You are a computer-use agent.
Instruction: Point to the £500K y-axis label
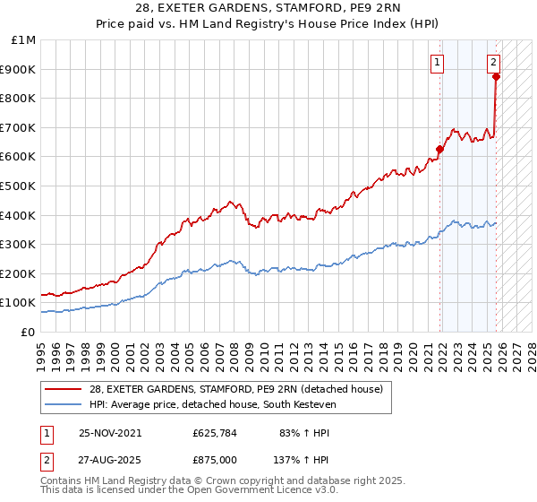tap(19, 186)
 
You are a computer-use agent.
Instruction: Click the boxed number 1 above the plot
tap(437, 62)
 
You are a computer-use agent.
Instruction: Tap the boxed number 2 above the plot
tap(493, 62)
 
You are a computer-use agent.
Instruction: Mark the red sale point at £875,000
tap(496, 77)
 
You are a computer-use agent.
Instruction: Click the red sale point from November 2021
tap(439, 150)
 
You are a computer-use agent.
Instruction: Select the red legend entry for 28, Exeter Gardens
tap(236, 388)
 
